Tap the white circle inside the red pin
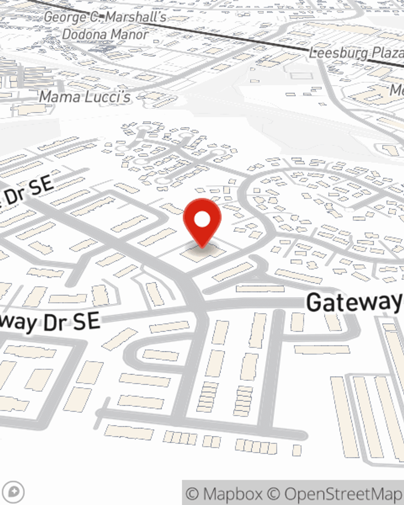[202, 219]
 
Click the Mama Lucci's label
[85, 97]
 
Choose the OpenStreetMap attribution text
[343, 494]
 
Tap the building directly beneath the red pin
[202, 253]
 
